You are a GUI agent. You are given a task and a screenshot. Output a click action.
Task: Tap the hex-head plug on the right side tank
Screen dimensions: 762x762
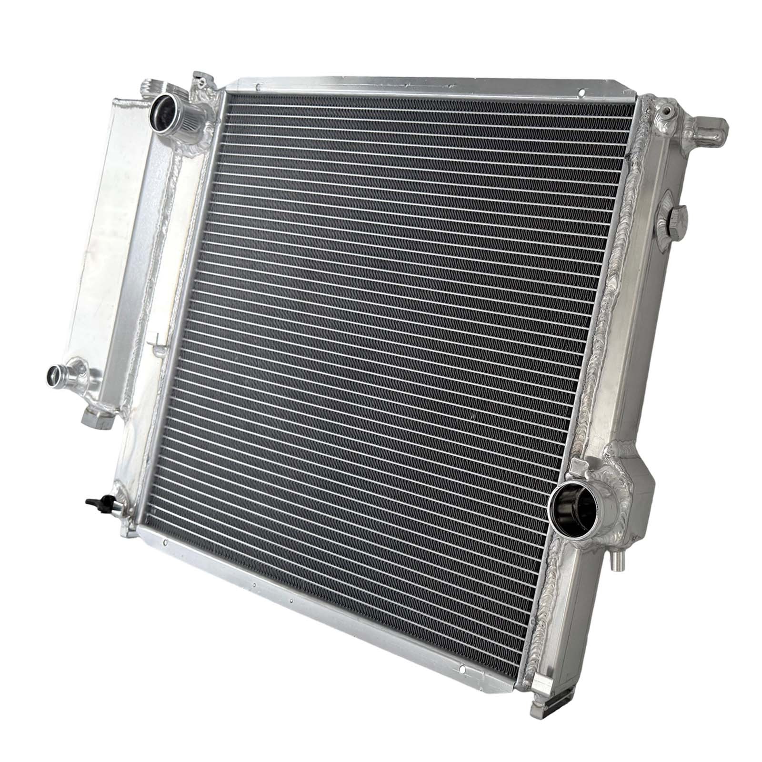678,218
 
